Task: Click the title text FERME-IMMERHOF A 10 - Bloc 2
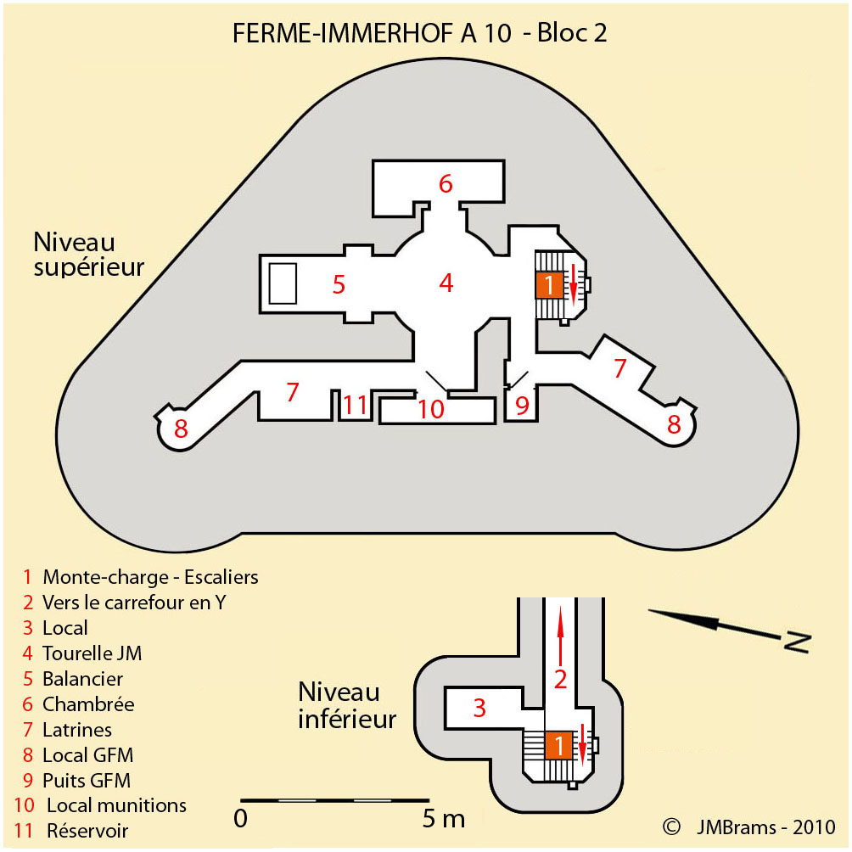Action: coord(420,33)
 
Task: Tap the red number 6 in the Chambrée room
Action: coord(446,182)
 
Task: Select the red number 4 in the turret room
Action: coord(446,283)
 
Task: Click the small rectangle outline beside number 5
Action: coord(283,283)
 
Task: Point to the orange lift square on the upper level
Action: coord(550,285)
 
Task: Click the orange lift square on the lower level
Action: coord(558,745)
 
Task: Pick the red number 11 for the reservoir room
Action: coord(355,405)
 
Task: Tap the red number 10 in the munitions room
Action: coord(431,409)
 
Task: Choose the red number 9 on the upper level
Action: coord(522,406)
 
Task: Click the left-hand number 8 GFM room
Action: coord(181,429)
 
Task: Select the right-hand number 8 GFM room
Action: coord(674,423)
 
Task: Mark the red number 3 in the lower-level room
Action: coord(479,707)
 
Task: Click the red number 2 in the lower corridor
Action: coord(559,678)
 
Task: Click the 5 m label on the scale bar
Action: coord(444,819)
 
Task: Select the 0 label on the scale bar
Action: coord(241,819)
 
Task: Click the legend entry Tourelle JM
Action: coord(92,653)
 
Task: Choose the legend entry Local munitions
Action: coord(116,804)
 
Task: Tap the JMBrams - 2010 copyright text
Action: coord(765,827)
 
